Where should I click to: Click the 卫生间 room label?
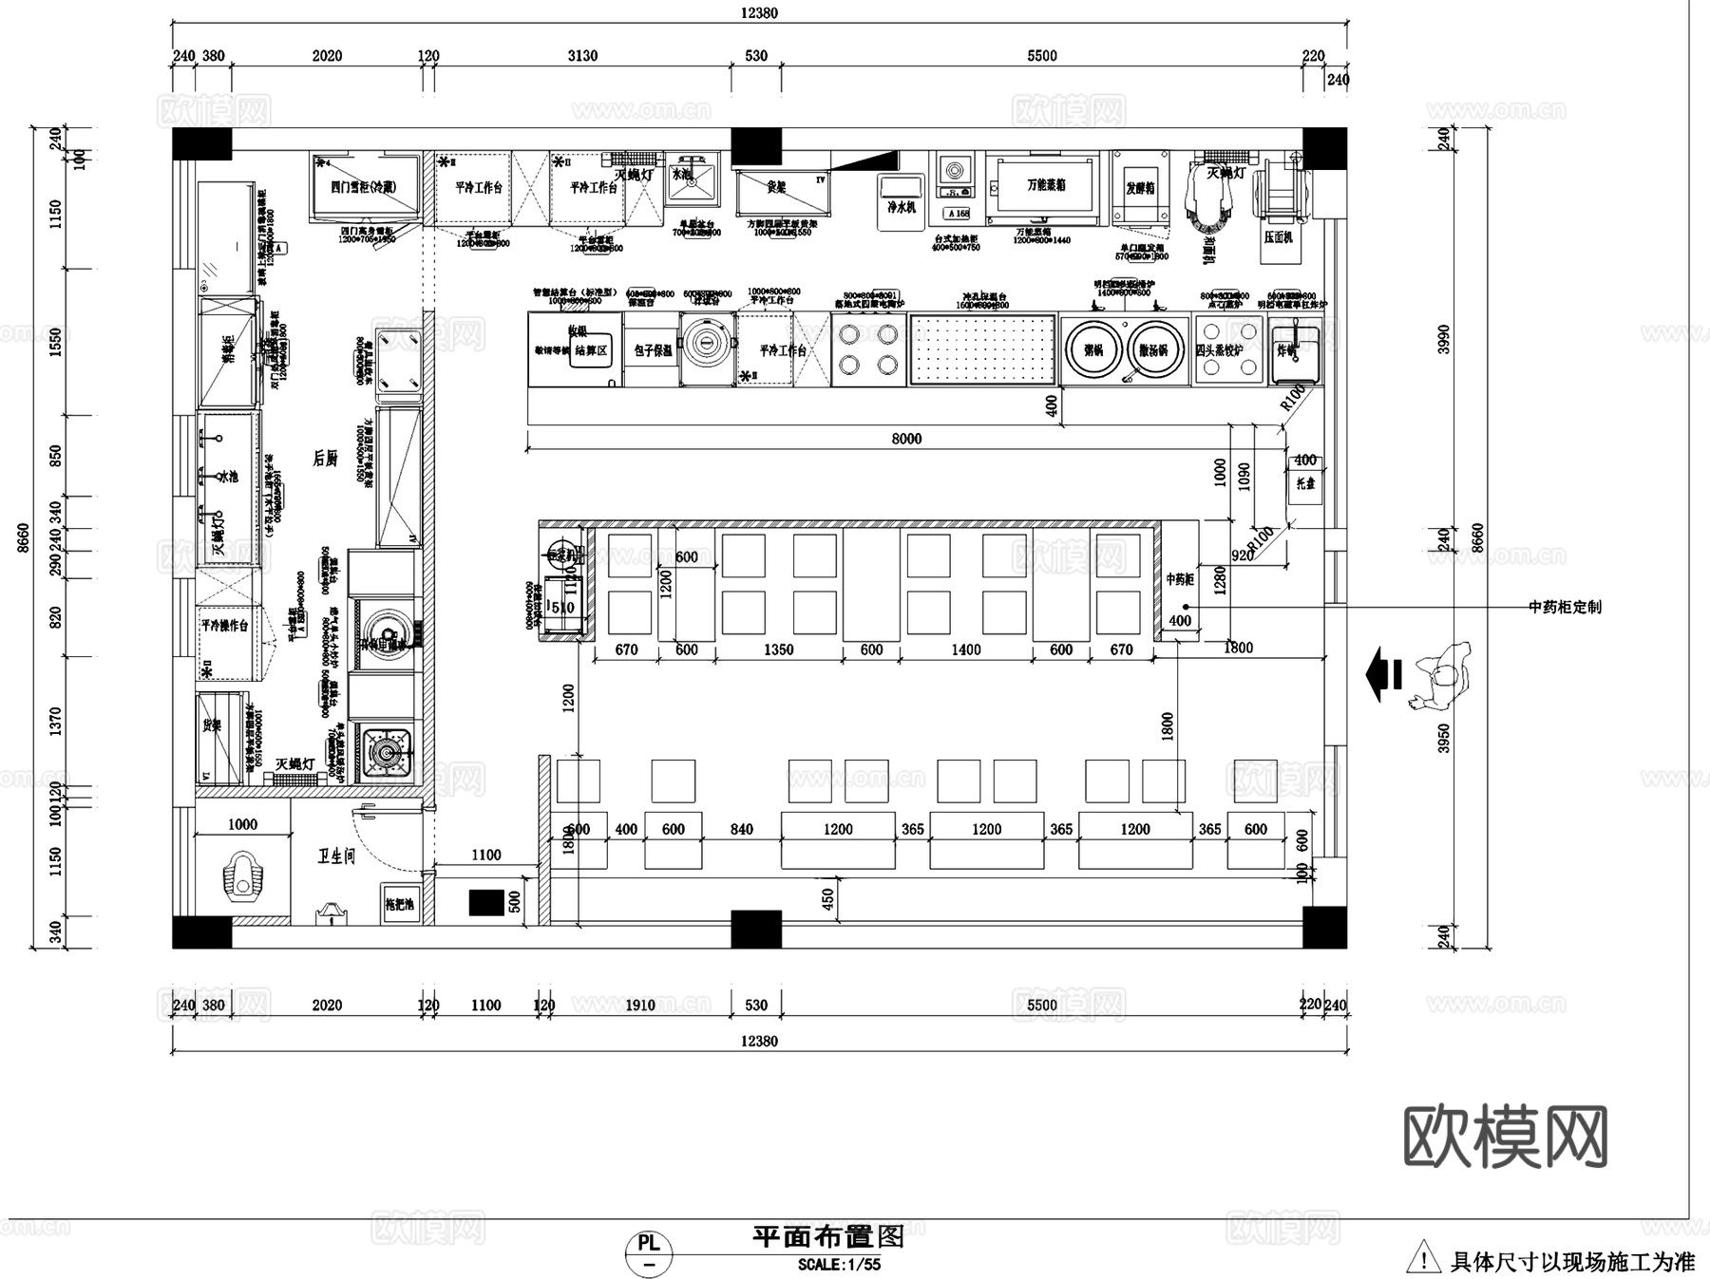[x=336, y=856]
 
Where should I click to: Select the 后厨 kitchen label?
[x=325, y=459]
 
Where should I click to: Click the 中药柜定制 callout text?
[x=1565, y=607]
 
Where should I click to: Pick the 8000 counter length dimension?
[x=906, y=439]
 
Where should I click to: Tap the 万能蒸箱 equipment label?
[x=1046, y=185]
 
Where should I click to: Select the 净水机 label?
[x=901, y=206]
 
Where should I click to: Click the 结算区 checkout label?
[x=590, y=350]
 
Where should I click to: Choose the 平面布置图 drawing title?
[x=827, y=1236]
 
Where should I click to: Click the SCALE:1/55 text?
[x=839, y=1265]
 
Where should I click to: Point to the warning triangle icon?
[x=1422, y=1258]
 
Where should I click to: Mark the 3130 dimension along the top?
[x=582, y=56]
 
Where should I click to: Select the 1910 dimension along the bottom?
[x=639, y=1005]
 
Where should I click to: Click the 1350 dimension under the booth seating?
[x=778, y=649]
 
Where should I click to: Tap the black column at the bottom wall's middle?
[x=756, y=929]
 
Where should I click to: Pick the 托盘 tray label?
[x=1305, y=482]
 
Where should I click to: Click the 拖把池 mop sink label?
[x=400, y=904]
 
